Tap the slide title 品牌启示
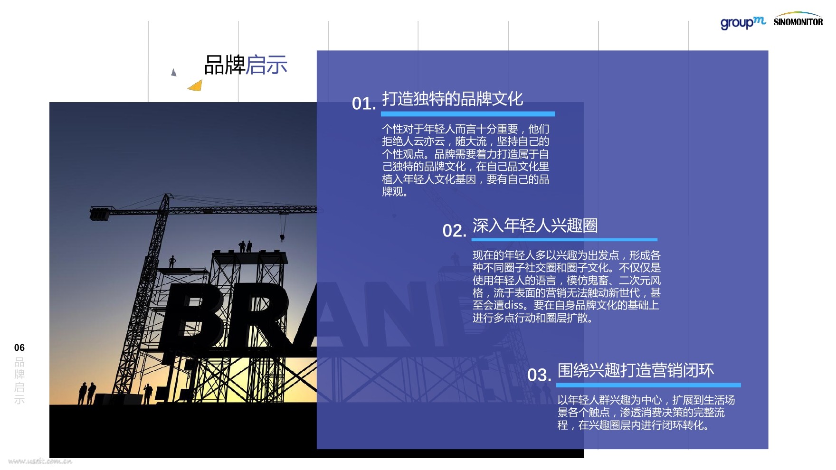[x=246, y=65]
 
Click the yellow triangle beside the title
[x=196, y=85]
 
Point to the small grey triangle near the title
[x=174, y=73]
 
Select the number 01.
[x=364, y=103]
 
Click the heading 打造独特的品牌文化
[x=452, y=99]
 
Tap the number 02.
[x=454, y=231]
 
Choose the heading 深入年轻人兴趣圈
[x=535, y=226]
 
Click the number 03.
[x=539, y=375]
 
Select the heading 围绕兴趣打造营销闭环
[x=636, y=370]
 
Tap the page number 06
[x=19, y=348]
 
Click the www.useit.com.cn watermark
[x=40, y=461]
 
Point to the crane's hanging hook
[x=282, y=237]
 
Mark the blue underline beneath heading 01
[x=468, y=114]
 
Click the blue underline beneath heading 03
[x=648, y=385]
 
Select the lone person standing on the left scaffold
[x=172, y=262]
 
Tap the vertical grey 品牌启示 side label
[x=19, y=380]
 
